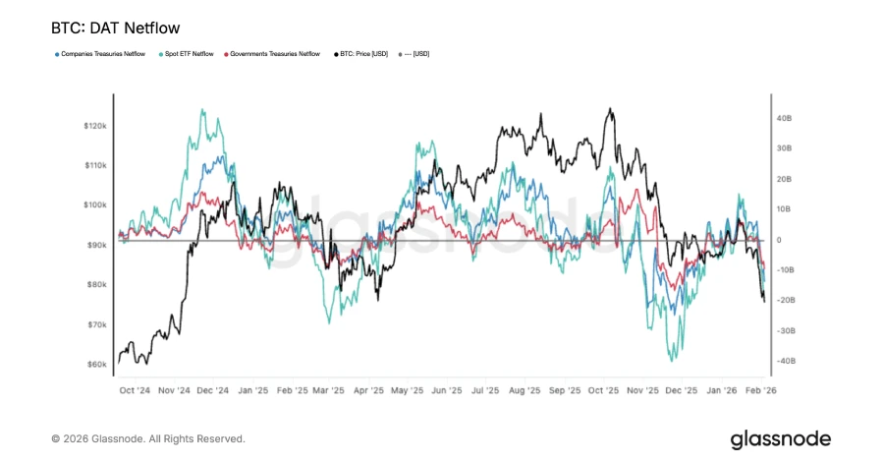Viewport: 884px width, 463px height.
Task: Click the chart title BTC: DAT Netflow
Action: [x=115, y=29]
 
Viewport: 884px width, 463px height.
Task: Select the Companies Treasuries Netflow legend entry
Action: [x=102, y=54]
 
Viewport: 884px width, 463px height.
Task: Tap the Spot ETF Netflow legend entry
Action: [x=190, y=54]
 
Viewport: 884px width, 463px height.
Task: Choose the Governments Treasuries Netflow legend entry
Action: [x=275, y=54]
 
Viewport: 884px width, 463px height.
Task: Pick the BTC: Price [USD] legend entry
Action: [x=361, y=54]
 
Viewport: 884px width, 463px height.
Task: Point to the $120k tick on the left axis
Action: [x=95, y=126]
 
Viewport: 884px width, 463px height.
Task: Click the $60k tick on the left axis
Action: [x=97, y=365]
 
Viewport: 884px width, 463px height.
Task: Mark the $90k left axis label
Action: [x=97, y=245]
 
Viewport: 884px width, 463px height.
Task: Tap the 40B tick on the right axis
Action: [x=784, y=118]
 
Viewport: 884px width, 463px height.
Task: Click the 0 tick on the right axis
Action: [x=779, y=240]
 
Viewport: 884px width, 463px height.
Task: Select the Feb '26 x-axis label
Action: [x=762, y=390]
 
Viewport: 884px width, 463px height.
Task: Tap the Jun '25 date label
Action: [x=447, y=390]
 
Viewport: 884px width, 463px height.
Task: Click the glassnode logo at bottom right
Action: [x=780, y=438]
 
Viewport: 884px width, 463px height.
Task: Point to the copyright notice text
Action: [x=148, y=438]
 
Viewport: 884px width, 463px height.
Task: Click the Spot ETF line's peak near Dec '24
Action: [x=203, y=110]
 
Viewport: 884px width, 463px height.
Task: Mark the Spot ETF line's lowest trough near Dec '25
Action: [x=673, y=360]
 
